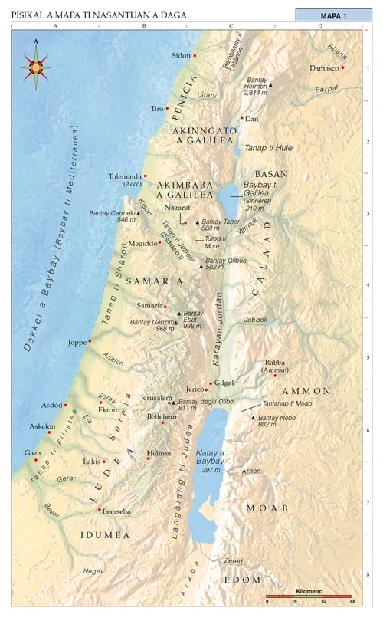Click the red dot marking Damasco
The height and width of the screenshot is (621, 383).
point(342,67)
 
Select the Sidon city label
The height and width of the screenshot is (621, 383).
point(180,56)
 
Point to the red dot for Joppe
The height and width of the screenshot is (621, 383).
point(90,341)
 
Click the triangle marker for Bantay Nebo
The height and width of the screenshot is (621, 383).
point(252,418)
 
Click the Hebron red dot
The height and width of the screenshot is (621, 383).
point(149,458)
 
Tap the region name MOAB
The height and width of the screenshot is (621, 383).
point(267,508)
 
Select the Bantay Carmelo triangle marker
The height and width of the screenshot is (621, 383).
point(139,213)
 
